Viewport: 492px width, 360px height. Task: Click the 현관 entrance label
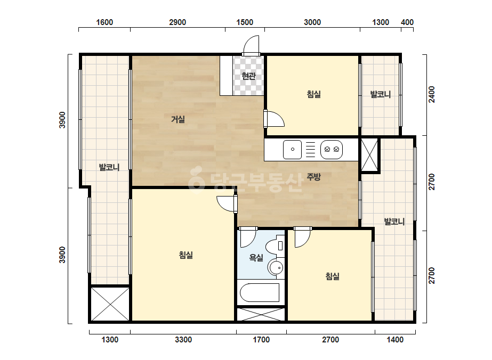(248, 76)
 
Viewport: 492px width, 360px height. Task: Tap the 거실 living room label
(178, 119)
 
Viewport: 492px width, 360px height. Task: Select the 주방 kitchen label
(313, 177)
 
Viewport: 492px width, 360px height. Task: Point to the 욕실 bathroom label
(256, 258)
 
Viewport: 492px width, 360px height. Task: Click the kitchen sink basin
(292, 150)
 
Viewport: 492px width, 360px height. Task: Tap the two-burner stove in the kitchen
(332, 150)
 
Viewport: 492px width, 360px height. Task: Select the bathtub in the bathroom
(260, 292)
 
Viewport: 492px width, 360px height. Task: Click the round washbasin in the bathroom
(276, 268)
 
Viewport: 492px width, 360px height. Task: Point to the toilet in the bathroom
(275, 245)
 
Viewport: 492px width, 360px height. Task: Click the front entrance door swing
(251, 45)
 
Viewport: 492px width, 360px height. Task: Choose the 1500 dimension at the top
(245, 22)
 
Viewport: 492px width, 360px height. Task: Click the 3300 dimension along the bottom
(183, 340)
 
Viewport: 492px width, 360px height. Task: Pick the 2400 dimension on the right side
(432, 94)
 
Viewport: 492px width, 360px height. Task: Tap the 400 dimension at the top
(407, 22)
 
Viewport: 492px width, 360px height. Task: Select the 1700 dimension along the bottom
(261, 340)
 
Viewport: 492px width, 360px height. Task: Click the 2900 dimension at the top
(178, 22)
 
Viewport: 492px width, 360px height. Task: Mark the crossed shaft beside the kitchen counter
(369, 155)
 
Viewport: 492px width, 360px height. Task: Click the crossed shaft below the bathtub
(261, 314)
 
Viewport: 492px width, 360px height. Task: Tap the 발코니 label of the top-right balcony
(380, 94)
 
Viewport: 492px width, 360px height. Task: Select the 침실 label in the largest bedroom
(185, 255)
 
